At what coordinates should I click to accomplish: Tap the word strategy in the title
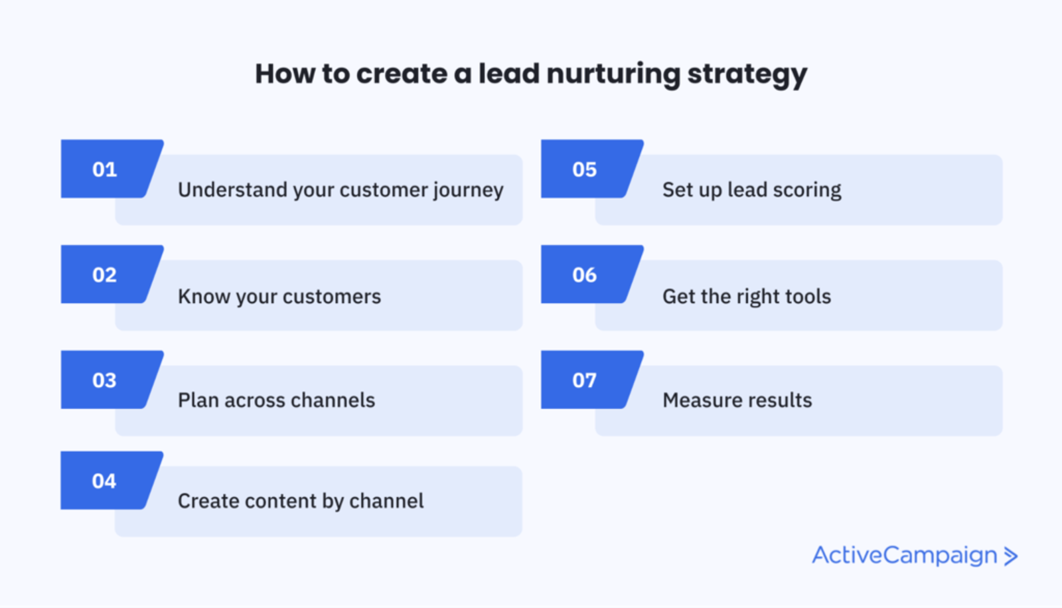tap(747, 75)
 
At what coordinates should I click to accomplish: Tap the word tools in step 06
tap(808, 297)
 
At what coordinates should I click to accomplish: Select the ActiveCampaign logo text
tap(905, 556)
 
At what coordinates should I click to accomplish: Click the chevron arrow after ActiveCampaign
tap(1011, 556)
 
